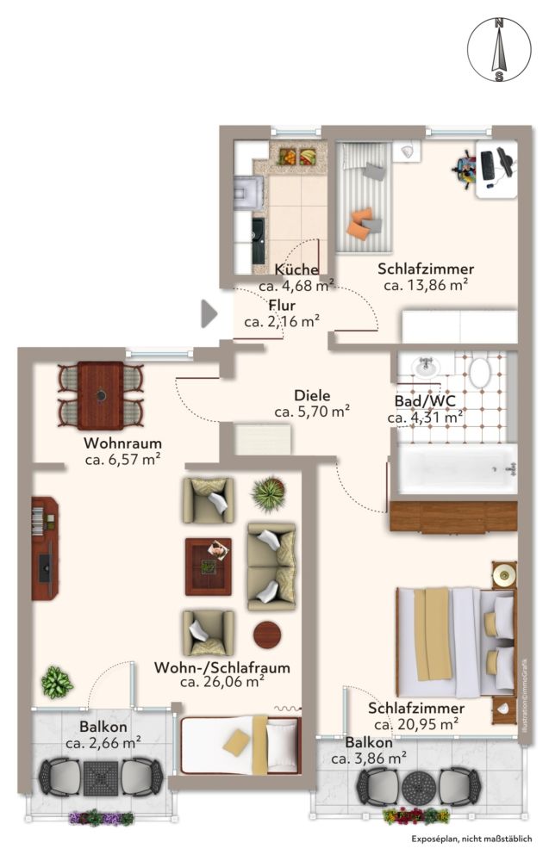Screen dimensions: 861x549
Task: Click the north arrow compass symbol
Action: click(x=498, y=50)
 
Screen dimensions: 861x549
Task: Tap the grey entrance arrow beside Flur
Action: click(x=209, y=313)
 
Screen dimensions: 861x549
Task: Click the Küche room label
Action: click(x=296, y=269)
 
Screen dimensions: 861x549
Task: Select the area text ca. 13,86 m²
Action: click(x=426, y=285)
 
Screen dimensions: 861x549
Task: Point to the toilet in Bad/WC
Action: click(x=479, y=372)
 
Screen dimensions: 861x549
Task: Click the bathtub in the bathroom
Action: click(x=453, y=469)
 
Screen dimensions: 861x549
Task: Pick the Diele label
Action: click(x=311, y=394)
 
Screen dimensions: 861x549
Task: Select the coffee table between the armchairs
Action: click(x=208, y=567)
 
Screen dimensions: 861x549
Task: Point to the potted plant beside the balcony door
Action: click(x=55, y=683)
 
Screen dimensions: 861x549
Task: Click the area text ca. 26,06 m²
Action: click(x=221, y=682)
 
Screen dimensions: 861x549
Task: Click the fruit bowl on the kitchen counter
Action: click(x=296, y=158)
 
